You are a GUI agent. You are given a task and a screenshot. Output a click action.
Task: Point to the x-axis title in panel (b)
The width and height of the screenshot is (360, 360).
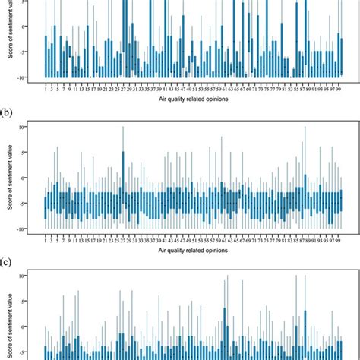point(191,248)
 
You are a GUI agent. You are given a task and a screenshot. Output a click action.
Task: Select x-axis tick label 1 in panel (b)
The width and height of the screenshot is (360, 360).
point(46,238)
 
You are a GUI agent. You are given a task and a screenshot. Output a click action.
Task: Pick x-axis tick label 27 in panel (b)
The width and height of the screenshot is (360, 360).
point(123,238)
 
